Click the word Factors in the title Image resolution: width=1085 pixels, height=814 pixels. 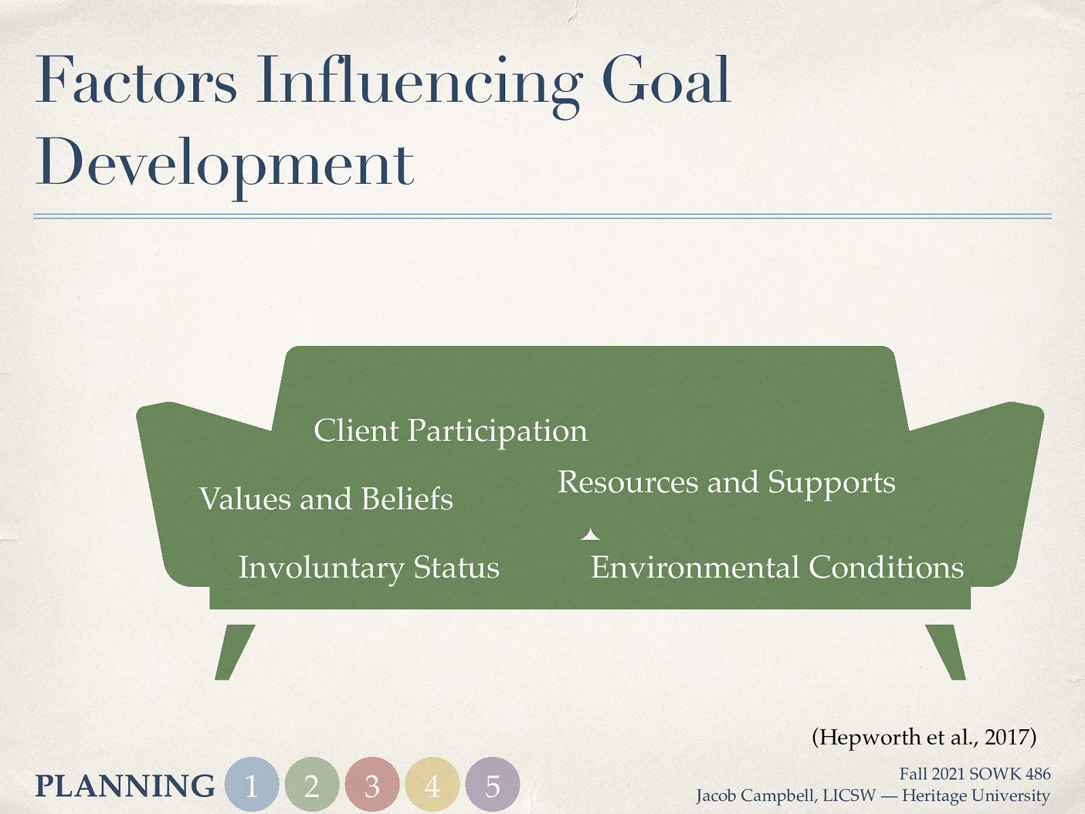coord(136,81)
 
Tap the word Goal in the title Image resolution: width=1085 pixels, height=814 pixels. coord(666,81)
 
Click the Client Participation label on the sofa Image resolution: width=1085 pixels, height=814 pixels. coord(450,431)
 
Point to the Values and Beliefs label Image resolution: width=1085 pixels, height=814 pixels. coord(325,499)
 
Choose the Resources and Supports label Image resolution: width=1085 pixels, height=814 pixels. coord(726,483)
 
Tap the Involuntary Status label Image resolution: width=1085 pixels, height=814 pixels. coord(368,568)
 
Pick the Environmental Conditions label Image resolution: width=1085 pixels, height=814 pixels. coord(777,568)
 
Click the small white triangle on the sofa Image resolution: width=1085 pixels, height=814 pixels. coord(591,535)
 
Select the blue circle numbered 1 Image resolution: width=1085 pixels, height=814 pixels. coord(252,785)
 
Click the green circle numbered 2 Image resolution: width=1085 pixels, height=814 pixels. coord(312,785)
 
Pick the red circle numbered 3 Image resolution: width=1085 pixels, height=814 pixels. coord(372,785)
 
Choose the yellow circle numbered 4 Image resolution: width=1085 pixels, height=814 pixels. coord(433,785)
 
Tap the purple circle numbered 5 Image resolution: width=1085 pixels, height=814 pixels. coord(493,785)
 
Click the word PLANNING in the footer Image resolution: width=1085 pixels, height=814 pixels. coord(125,786)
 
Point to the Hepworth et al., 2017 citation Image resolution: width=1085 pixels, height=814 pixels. coord(924,737)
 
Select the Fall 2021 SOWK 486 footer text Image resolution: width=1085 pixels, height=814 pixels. coord(974,774)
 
